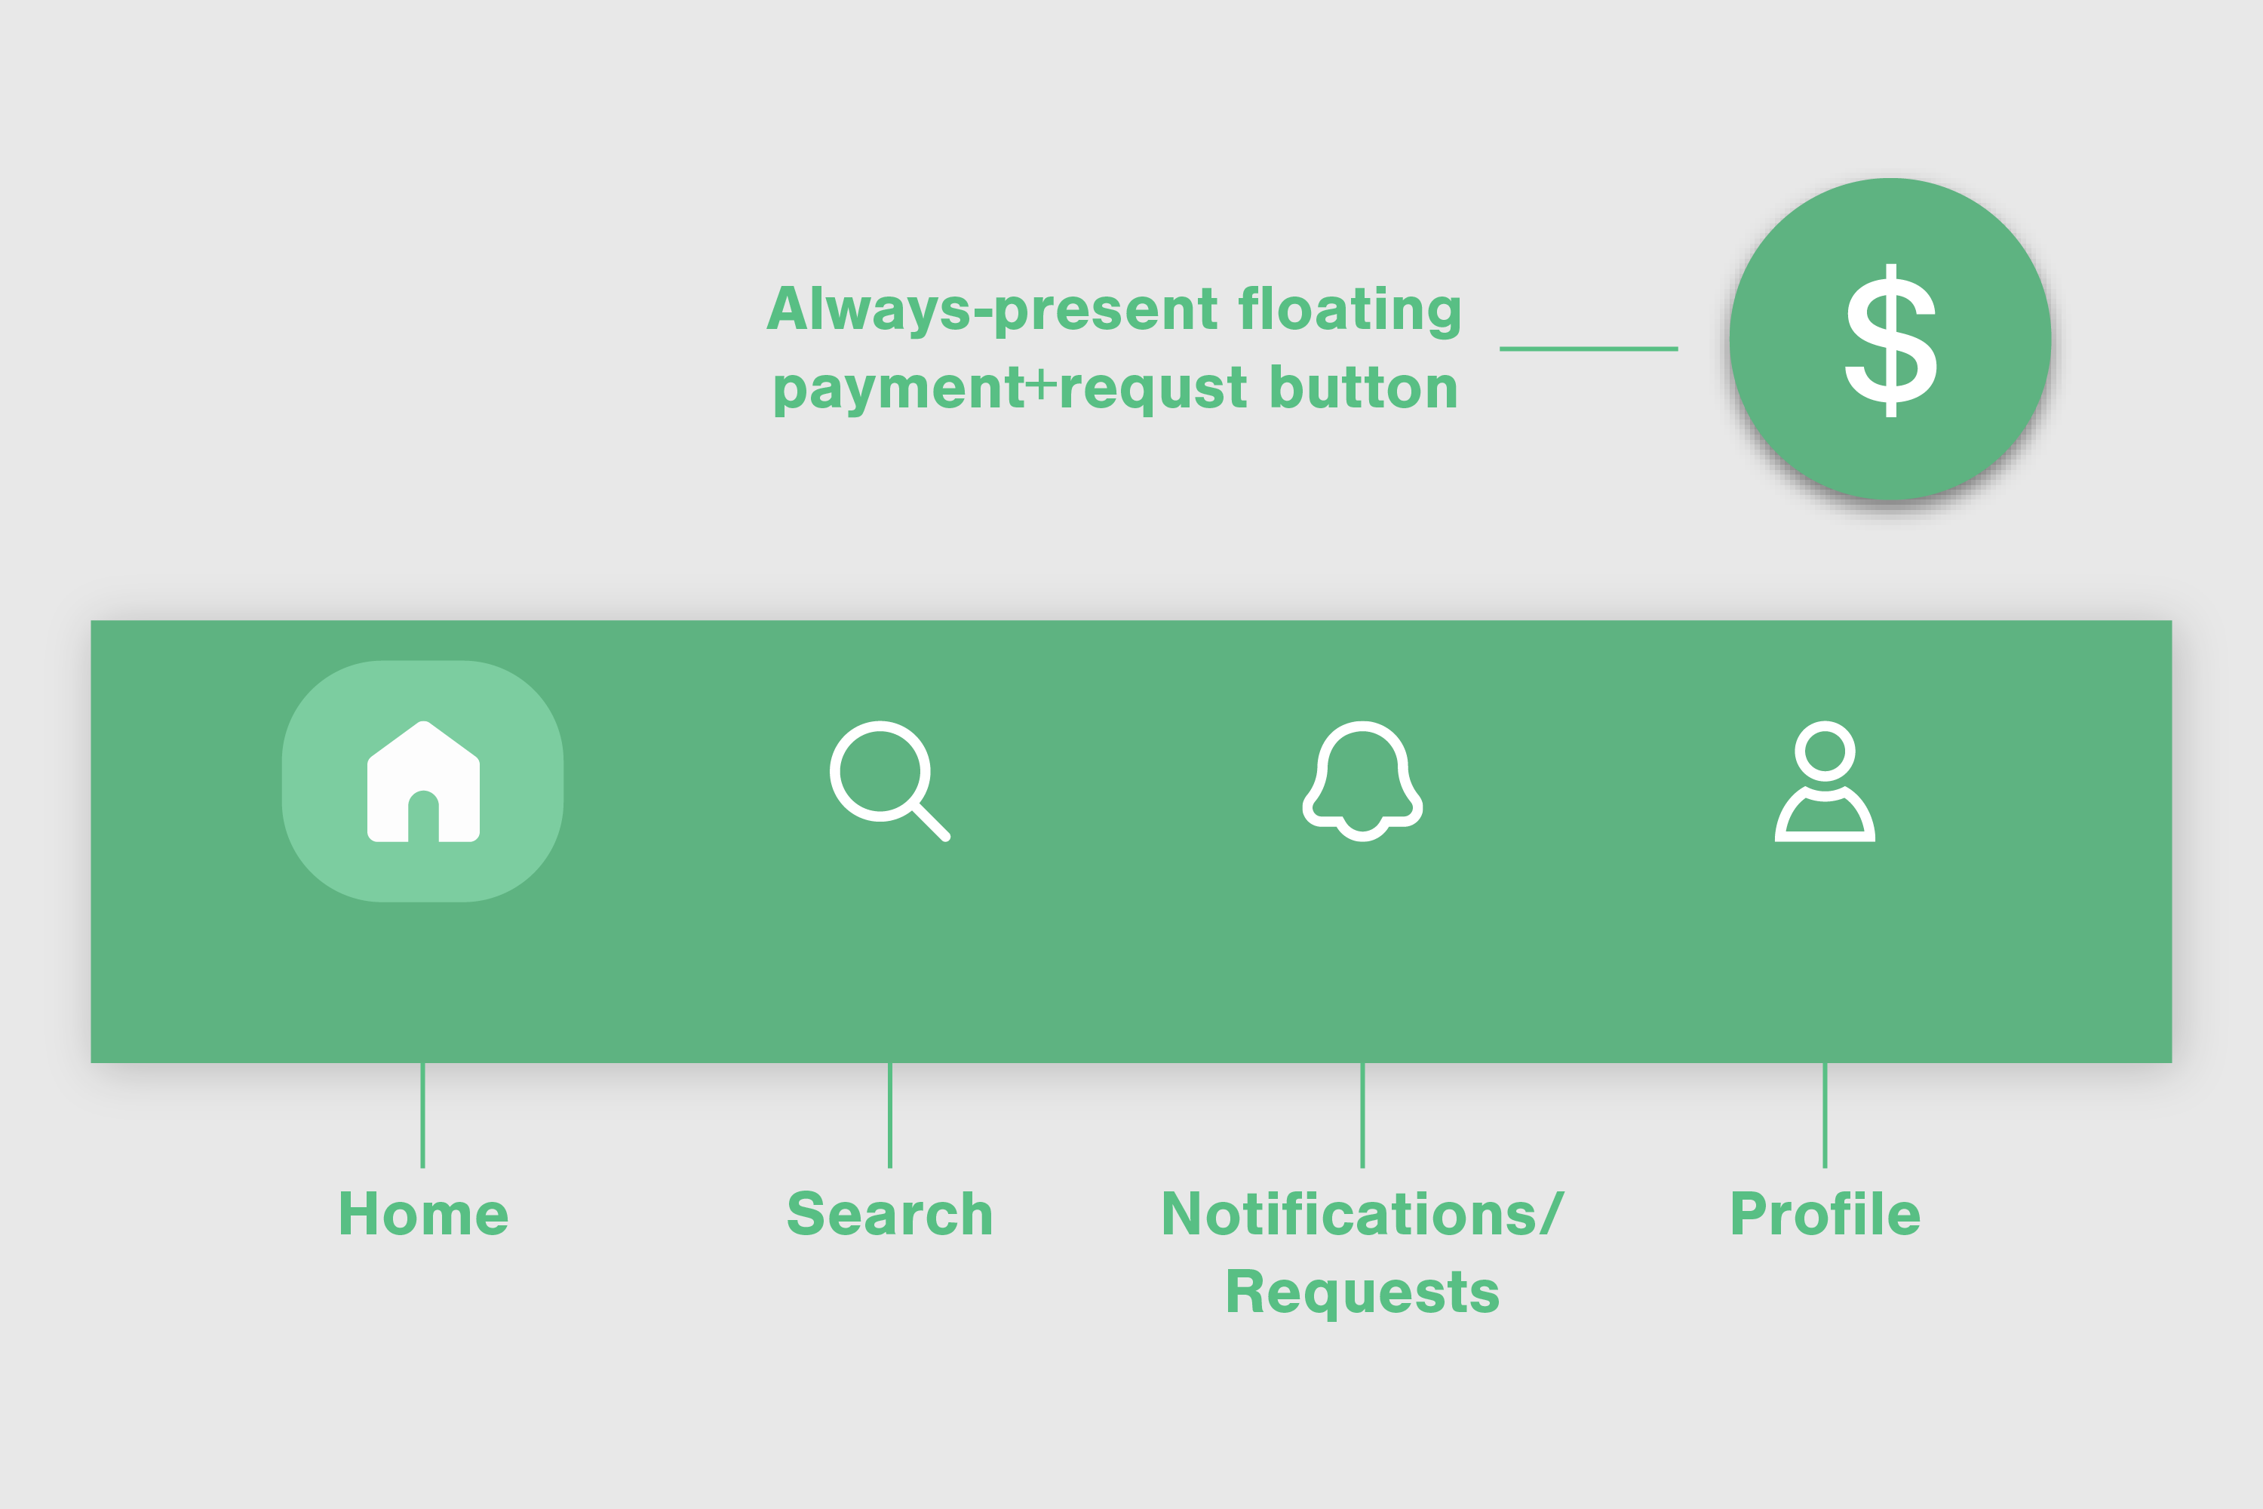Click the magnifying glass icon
coord(880,771)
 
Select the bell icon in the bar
coord(1362,780)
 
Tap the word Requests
coord(1362,1292)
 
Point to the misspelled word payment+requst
coord(1010,390)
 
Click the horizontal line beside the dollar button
coord(1589,349)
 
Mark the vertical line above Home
coord(422,1115)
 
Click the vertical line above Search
coord(890,1115)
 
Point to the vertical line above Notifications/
coord(1362,1115)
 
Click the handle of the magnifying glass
coord(932,823)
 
